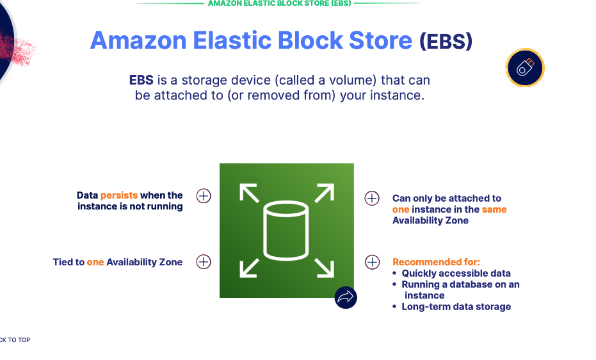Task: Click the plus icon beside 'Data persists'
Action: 204,196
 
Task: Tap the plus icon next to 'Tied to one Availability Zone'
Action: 204,261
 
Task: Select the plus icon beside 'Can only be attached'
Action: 372,198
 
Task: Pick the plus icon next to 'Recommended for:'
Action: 372,262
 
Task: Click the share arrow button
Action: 346,297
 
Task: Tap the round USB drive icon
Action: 525,67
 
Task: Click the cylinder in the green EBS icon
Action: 286,231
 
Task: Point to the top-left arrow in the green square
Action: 249,193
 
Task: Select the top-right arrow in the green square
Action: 325,193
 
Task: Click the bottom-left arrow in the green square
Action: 249,268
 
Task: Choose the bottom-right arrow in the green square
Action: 325,268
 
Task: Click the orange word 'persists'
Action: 119,195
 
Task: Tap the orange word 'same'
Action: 494,209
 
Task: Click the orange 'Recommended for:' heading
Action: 436,262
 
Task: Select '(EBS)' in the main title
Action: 446,42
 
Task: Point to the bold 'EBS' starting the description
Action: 141,80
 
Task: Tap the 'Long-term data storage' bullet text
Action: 456,307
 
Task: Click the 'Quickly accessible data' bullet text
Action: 456,274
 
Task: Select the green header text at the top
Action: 278,3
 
